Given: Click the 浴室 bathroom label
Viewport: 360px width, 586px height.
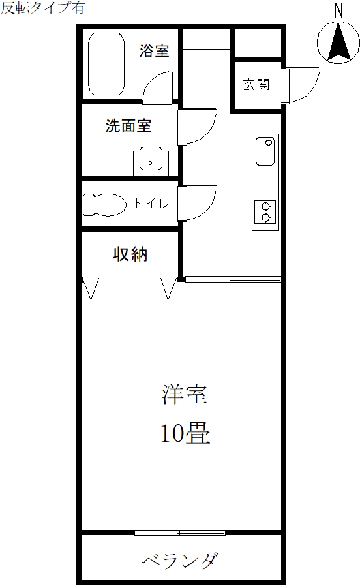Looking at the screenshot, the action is [154, 51].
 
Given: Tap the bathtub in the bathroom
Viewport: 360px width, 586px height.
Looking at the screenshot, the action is [106, 64].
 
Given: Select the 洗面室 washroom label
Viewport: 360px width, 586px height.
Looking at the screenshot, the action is [128, 126].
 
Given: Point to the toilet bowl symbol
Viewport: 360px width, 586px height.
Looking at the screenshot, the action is [104, 204].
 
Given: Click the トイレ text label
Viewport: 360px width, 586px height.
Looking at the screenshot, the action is [151, 204].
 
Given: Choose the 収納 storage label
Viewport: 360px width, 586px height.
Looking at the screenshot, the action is [130, 254].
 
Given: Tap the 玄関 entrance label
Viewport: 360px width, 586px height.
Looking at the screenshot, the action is [256, 84].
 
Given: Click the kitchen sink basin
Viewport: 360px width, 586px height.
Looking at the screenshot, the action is [265, 151].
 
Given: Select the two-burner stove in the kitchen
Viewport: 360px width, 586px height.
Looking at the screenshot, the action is [265, 212].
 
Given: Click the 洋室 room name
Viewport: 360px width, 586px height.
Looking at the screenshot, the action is [185, 394].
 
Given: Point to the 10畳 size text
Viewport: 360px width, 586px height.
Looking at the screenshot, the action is [185, 433].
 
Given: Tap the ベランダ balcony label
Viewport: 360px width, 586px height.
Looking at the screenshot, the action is [180, 560].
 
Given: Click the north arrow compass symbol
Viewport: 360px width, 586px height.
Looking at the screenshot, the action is [338, 42].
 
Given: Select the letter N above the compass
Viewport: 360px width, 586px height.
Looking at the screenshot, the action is [338, 10].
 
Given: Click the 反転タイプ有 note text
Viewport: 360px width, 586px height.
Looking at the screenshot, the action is [43, 8].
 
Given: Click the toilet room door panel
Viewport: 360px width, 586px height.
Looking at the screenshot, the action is [182, 204].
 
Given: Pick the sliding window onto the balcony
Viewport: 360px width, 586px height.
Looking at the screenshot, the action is [180, 533].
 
